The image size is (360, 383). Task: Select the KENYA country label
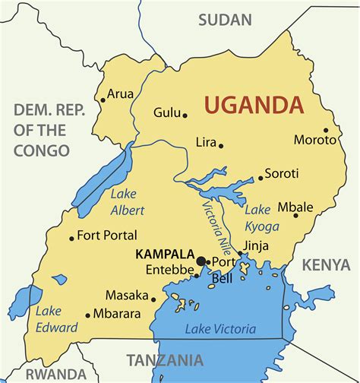[x=326, y=264]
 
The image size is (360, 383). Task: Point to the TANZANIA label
[x=165, y=359]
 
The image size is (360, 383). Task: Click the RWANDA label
[x=55, y=373]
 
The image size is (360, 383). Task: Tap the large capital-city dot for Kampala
[x=201, y=261]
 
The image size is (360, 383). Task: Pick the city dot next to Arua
[x=103, y=100]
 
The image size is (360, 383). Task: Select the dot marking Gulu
[x=185, y=116]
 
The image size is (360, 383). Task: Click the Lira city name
[x=206, y=142]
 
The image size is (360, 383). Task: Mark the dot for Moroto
[x=326, y=131]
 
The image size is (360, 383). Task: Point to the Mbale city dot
[x=296, y=215]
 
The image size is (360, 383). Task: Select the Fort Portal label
[x=107, y=235]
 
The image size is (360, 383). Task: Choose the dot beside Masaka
[x=153, y=299]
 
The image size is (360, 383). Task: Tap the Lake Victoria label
[x=220, y=329]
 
